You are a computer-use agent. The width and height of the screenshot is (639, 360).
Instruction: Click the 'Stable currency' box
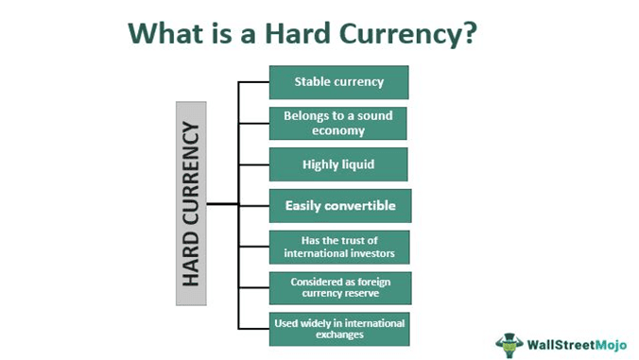point(338,82)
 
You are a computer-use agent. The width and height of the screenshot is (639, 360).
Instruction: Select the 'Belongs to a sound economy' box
point(338,123)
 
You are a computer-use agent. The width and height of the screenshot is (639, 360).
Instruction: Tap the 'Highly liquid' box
point(338,164)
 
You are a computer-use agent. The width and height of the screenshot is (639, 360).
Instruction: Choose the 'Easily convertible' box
point(338,205)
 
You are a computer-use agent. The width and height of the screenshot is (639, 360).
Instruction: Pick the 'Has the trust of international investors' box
point(338,247)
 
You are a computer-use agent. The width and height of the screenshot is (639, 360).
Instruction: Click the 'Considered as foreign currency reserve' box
point(338,287)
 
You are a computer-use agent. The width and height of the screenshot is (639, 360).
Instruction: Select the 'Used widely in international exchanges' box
point(338,329)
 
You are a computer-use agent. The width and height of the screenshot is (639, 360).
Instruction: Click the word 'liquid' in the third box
point(356,164)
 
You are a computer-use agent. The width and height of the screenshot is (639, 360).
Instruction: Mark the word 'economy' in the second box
point(338,130)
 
